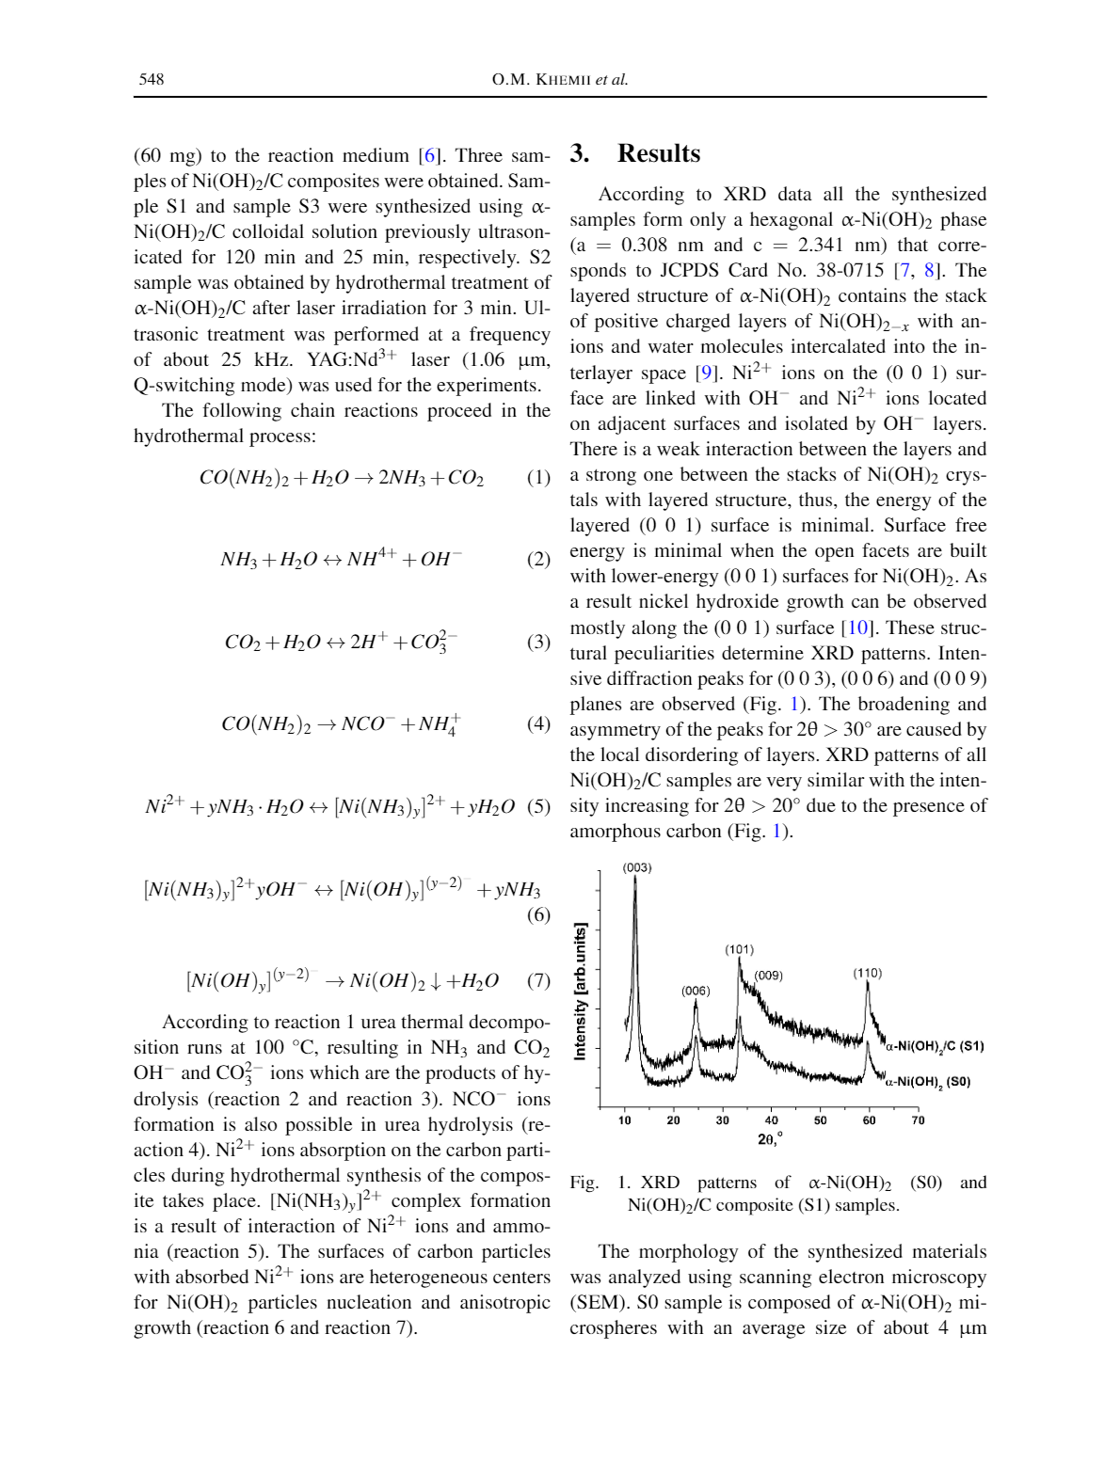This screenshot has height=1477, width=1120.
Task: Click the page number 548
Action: pos(152,79)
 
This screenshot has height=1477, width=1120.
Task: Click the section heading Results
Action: pos(659,153)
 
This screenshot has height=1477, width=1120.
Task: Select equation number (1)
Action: pos(538,477)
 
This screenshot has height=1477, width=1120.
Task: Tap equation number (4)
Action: pos(538,723)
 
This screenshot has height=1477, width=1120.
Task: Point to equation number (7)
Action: pos(538,980)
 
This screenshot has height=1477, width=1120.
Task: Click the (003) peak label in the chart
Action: pos(637,867)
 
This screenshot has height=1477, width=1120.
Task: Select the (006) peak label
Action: pos(696,991)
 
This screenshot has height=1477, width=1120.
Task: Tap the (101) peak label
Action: pos(739,949)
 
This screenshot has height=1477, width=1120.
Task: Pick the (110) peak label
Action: pos(867,973)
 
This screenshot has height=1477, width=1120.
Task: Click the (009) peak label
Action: pos(769,976)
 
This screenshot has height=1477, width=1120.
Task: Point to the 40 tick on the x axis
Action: pos(772,1120)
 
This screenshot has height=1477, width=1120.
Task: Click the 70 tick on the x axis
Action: pos(918,1120)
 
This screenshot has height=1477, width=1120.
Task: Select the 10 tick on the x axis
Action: pos(625,1120)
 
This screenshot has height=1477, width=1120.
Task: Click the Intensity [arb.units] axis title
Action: pos(581,992)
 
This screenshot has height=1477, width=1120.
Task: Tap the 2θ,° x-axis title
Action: pos(770,1138)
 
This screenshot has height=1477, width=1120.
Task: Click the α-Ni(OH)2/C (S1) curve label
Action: pos(935,1046)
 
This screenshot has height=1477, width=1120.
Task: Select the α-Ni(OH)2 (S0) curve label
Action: pos(928,1082)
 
